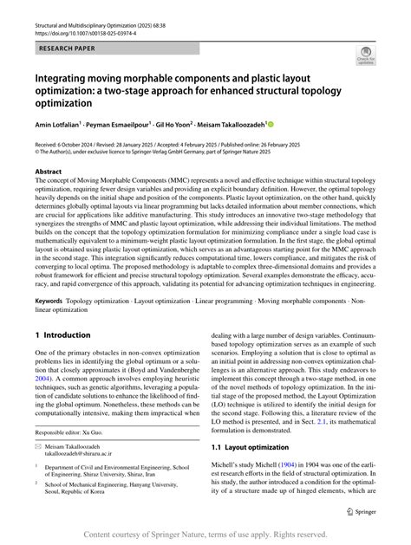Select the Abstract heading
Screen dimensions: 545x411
(x=48, y=172)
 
